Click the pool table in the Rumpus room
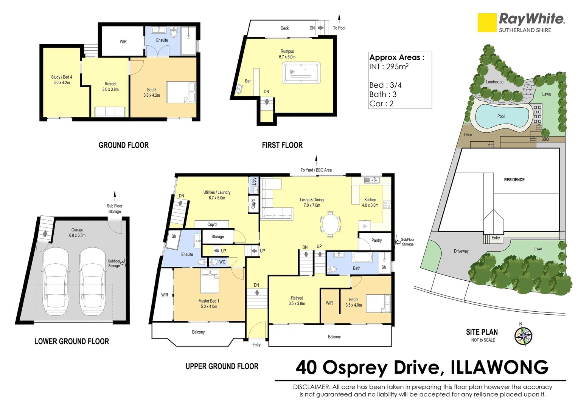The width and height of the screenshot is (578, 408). (301, 73)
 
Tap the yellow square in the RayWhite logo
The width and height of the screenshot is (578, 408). (487, 23)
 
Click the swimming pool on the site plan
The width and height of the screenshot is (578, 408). (502, 116)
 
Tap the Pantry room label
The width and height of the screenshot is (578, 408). (376, 240)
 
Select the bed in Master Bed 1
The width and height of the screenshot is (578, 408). (210, 281)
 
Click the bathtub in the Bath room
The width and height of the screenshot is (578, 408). (362, 257)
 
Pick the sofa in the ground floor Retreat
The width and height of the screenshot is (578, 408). (110, 111)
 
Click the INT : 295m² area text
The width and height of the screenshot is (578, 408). (388, 66)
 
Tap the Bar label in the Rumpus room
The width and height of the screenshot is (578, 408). (248, 81)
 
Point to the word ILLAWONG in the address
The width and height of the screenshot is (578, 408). (499, 367)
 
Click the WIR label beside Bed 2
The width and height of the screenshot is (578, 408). (329, 303)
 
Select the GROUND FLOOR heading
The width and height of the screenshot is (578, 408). (123, 145)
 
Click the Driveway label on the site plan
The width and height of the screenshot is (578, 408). (461, 251)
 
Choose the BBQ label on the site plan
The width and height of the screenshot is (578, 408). (545, 139)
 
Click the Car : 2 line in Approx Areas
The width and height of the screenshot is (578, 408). (381, 104)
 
